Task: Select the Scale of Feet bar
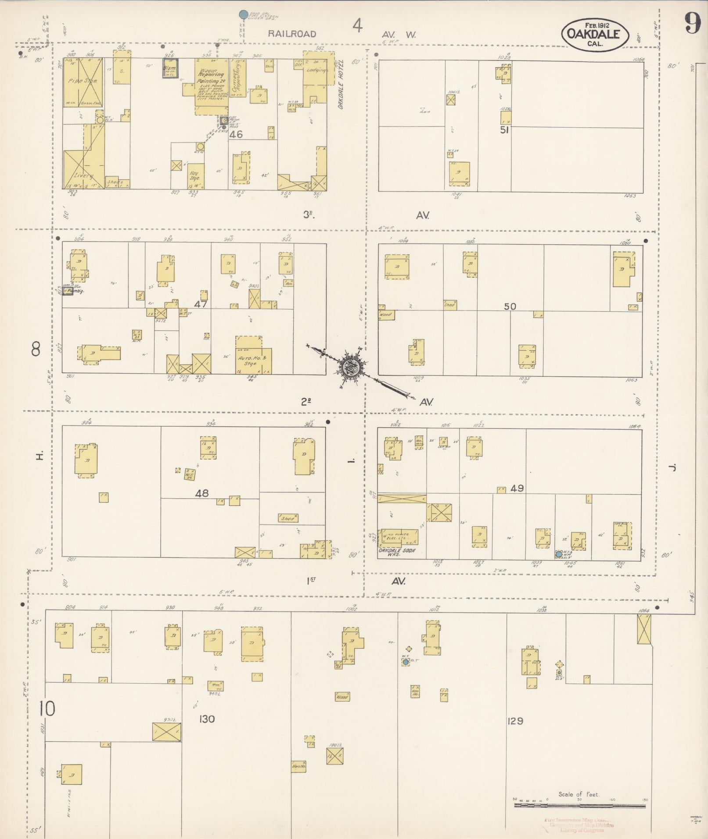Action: [x=579, y=806]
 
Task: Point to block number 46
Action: [x=236, y=135]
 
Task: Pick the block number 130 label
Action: [x=206, y=719]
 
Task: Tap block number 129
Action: [x=515, y=721]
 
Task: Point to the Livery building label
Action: [x=83, y=176]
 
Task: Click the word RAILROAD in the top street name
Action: [x=292, y=34]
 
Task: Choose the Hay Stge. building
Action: [x=194, y=175]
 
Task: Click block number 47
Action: [x=201, y=303]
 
